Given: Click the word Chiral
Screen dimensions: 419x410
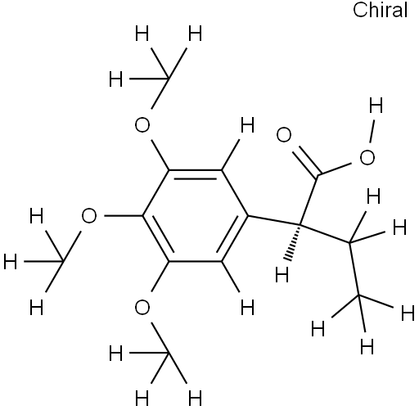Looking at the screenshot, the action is (381, 10).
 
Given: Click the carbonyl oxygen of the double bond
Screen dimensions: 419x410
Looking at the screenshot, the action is (284, 134).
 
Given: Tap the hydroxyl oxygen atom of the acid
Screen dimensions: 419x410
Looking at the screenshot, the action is (367, 157).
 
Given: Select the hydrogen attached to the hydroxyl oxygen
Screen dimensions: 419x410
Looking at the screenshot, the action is (376, 106).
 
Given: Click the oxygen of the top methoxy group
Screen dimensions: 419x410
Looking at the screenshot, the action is (142, 125).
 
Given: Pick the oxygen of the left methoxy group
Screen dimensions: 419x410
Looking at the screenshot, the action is (89, 216).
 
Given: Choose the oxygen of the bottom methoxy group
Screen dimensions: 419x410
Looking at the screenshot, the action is (142, 307).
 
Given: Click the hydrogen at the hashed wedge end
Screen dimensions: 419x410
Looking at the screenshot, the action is (282, 274).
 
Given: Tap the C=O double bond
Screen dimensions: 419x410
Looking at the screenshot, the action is (307, 161).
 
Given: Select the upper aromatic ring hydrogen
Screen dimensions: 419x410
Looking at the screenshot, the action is (247, 125).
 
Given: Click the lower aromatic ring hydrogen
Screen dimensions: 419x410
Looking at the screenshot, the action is (247, 307).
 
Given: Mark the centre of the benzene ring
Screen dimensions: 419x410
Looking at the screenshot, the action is (196, 216).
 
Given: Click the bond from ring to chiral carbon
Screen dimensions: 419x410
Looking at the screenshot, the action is (275, 220).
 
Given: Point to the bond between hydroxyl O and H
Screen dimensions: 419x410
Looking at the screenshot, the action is (372, 131).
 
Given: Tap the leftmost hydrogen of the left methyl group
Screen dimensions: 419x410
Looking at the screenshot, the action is (11, 262).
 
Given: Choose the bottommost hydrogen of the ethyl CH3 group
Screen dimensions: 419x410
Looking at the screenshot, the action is (367, 346).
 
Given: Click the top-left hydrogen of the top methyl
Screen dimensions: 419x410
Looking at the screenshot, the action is (142, 34).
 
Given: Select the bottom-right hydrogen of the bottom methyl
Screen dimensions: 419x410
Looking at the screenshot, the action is (196, 399).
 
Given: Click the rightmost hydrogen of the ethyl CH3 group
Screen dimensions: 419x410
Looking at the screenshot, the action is (408, 313).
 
